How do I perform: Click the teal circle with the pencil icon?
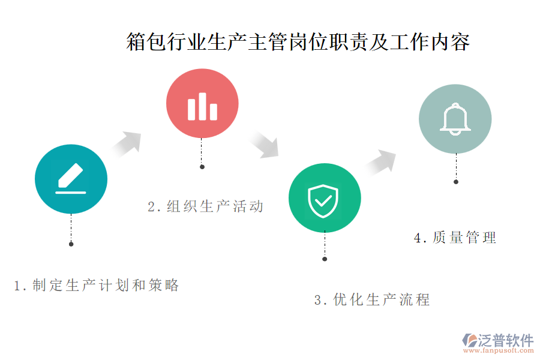(x=71, y=179)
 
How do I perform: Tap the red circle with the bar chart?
(x=202, y=103)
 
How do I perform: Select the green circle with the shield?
(x=325, y=198)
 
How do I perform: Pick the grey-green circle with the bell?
(x=455, y=119)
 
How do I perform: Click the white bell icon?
(x=455, y=119)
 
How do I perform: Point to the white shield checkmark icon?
(x=323, y=201)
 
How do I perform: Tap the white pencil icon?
(x=71, y=178)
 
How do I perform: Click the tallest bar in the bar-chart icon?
(x=202, y=106)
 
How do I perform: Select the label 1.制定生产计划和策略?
(x=97, y=285)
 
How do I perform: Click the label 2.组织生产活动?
(x=206, y=206)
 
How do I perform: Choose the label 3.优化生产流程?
(x=372, y=299)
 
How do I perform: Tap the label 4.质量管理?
(x=455, y=238)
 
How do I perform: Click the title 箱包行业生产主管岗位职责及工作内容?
(x=298, y=42)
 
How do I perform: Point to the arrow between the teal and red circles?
(x=127, y=144)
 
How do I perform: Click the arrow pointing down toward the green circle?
(x=263, y=145)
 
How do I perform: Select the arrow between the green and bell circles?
(x=381, y=162)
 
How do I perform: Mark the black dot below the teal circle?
(x=71, y=244)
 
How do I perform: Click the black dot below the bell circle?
(x=456, y=182)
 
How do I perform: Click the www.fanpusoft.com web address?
(x=499, y=350)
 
